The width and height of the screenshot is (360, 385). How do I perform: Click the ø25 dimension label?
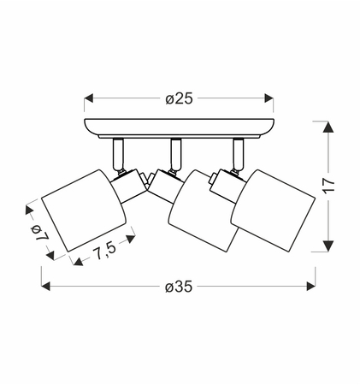coord(179,98)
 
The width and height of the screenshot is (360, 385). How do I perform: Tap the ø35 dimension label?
coord(179,287)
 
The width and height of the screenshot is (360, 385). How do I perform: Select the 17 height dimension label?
coord(328,187)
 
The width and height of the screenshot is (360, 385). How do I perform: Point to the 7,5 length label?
coord(104,251)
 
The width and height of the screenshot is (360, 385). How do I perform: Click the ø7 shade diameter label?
coord(40,233)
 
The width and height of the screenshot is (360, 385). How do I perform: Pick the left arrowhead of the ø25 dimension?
coord(89,98)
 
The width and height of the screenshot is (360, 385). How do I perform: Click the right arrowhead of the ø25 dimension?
coord(269,98)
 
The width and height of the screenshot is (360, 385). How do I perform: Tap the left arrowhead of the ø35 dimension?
coord(46,286)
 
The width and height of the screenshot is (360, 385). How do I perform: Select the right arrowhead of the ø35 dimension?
coord(311,286)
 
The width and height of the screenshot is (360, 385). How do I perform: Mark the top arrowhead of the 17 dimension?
coord(328,127)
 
